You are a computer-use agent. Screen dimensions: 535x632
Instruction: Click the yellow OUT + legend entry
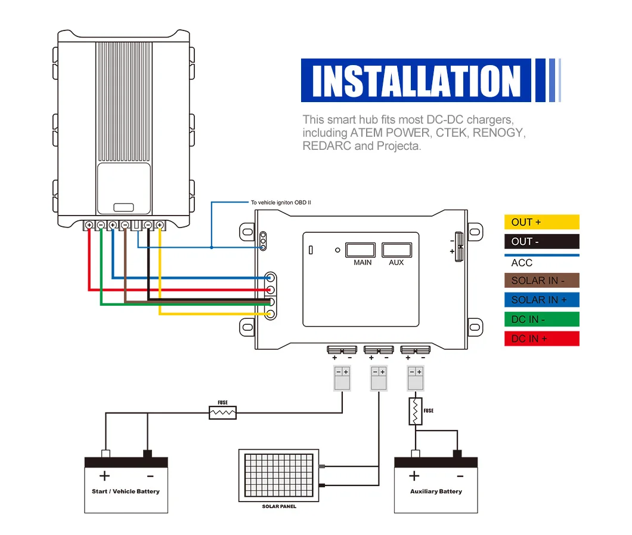541,222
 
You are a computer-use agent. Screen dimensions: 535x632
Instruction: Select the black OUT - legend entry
541,242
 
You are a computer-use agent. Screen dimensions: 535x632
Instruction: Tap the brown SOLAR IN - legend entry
541,281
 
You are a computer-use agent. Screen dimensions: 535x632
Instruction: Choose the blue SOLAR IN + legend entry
541,300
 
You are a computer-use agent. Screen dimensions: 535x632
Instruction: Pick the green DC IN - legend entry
541,319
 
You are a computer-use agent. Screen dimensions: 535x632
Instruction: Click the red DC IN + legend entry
541,339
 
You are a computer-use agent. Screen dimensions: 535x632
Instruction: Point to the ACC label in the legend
522,263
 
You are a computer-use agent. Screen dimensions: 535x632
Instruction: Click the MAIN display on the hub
361,250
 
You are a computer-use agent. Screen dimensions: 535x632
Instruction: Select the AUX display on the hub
396,250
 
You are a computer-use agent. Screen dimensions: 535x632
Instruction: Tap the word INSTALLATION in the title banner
416,81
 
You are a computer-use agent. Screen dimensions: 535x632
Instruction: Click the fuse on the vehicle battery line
222,412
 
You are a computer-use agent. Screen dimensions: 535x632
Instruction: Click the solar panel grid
278,475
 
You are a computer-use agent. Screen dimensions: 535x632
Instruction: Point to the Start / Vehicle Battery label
126,491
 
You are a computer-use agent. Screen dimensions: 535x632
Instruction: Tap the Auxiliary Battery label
436,491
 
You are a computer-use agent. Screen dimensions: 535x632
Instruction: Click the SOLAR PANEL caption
279,506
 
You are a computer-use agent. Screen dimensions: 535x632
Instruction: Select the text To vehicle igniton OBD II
281,203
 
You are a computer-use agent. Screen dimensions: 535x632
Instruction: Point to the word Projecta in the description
398,146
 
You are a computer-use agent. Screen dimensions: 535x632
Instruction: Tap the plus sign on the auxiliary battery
414,476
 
